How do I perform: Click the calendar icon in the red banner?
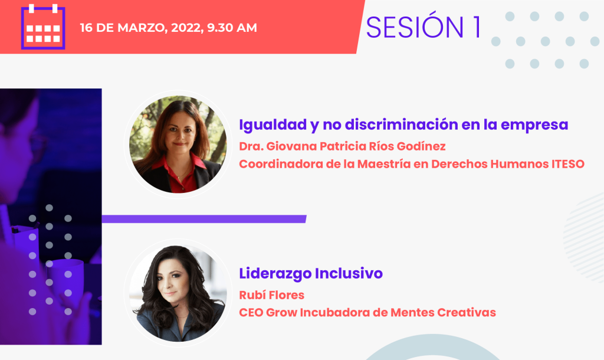pyautogui.click(x=42, y=27)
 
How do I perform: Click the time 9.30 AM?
pyautogui.click(x=232, y=28)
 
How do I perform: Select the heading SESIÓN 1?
pyautogui.click(x=424, y=27)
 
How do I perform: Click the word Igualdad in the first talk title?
pyautogui.click(x=273, y=125)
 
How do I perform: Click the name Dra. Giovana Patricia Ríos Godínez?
pyautogui.click(x=342, y=146)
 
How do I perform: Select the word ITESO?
pyautogui.click(x=568, y=164)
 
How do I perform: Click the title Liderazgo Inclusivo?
pyautogui.click(x=310, y=273)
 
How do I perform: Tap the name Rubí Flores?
pyautogui.click(x=271, y=295)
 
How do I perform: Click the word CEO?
pyautogui.click(x=251, y=312)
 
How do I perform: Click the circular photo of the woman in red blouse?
pyautogui.click(x=178, y=144)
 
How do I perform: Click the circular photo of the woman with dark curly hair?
pyautogui.click(x=178, y=293)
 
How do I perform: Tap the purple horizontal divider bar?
pyautogui.click(x=203, y=219)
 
